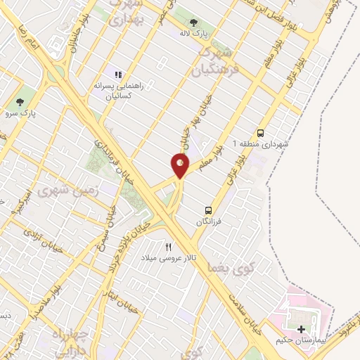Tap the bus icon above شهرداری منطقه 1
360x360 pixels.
click(x=261, y=133)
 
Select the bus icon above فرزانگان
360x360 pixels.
click(x=207, y=210)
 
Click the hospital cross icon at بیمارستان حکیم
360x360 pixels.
click(x=302, y=329)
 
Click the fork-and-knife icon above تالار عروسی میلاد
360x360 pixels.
click(x=168, y=247)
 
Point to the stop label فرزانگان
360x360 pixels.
click(x=208, y=221)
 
